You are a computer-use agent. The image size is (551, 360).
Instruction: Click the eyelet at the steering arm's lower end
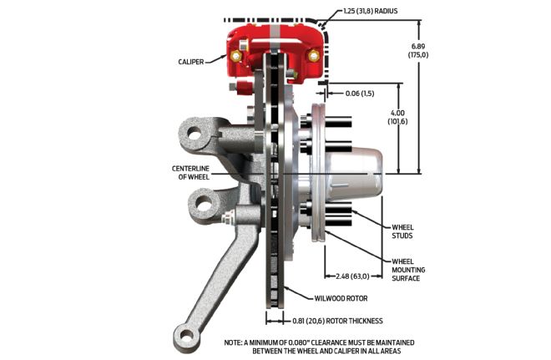click(x=186, y=337)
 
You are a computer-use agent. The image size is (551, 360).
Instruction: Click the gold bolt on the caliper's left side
click(x=235, y=57)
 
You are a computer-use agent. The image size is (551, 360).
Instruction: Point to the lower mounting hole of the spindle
click(x=200, y=201)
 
